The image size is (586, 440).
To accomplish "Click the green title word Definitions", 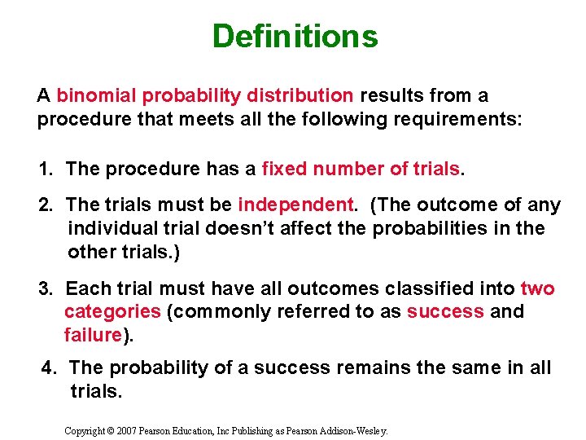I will click(x=295, y=37).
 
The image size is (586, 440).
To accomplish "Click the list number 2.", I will click(x=46, y=205).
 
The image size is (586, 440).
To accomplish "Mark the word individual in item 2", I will click(x=107, y=229).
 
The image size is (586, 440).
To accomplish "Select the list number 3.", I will click(x=46, y=289).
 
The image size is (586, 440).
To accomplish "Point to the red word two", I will click(x=537, y=289).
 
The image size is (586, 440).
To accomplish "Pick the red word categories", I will click(x=112, y=312).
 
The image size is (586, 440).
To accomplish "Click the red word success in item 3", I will click(x=445, y=312).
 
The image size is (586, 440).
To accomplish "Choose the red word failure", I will click(x=93, y=335).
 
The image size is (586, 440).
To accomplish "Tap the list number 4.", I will click(x=50, y=369).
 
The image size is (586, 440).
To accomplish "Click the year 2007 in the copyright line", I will click(x=126, y=429).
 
